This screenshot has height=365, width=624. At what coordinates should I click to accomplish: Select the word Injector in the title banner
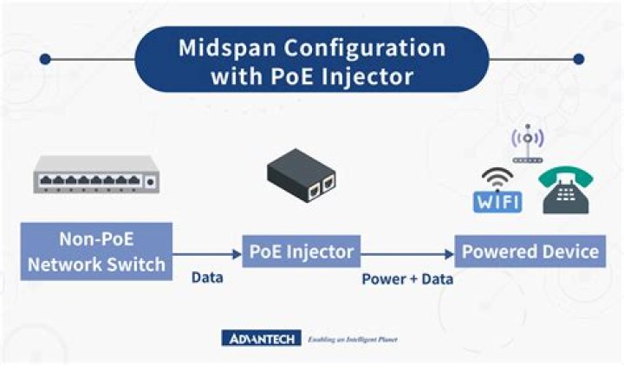(x=371, y=75)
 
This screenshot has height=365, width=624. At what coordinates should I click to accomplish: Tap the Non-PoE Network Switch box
(x=96, y=251)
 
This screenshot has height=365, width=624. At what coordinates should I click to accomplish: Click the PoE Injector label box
(x=301, y=252)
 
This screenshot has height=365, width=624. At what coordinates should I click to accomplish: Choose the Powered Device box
(x=530, y=252)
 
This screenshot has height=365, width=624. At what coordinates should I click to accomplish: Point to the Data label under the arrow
(x=207, y=278)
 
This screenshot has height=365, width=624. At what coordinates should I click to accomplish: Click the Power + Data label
(x=407, y=279)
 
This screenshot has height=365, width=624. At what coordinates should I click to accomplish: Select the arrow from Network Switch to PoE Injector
(x=206, y=253)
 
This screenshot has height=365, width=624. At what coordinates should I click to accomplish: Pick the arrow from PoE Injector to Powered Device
(x=407, y=253)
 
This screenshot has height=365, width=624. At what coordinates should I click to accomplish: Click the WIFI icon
(x=497, y=191)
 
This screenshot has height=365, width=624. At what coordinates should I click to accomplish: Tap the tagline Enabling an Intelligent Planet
(x=358, y=338)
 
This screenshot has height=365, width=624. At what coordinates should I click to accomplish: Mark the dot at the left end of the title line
(x=45, y=60)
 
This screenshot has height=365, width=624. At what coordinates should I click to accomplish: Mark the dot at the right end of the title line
(x=579, y=60)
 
